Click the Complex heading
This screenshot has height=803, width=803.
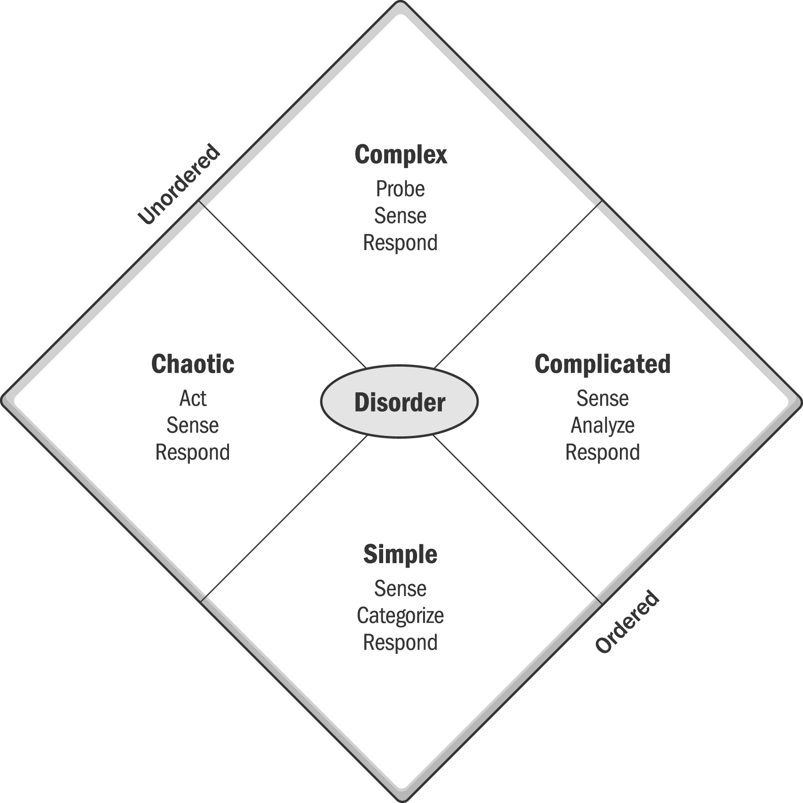[x=401, y=155]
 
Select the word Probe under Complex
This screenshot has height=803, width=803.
[x=400, y=189]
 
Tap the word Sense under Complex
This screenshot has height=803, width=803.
[x=400, y=216]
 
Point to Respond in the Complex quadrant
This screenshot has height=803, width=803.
[x=400, y=243]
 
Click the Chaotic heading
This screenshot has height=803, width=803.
[x=193, y=364]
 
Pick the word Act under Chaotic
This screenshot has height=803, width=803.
[x=193, y=398]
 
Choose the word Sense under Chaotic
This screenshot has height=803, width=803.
[x=193, y=425]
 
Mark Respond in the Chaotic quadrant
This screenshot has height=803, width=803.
[x=193, y=452]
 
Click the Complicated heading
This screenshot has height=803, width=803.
[x=602, y=364]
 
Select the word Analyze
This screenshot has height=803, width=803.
[x=602, y=426]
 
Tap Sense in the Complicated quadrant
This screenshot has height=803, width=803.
[x=602, y=398]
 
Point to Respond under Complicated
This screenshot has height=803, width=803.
[x=602, y=452]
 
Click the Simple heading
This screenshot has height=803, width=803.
[x=400, y=555]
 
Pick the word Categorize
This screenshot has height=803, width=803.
[x=400, y=616]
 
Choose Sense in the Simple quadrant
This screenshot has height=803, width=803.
[x=400, y=589]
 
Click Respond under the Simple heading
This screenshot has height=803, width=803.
[x=400, y=643]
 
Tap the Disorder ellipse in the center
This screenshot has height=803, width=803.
[x=399, y=401]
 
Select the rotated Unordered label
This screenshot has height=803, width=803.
[x=179, y=184]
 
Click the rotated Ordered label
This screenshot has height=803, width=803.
[x=627, y=621]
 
